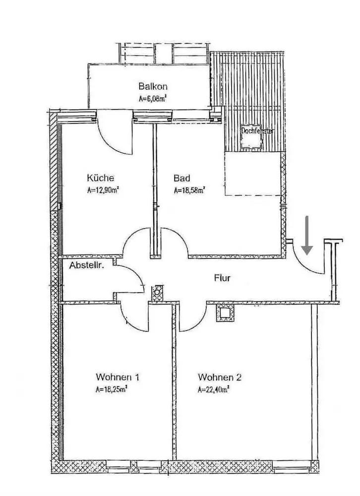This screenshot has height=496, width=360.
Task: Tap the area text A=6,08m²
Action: pos(152,98)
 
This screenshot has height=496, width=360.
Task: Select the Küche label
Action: pos(101,178)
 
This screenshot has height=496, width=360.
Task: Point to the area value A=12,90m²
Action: pos(103,189)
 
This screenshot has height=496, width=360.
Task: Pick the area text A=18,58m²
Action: pos(190,189)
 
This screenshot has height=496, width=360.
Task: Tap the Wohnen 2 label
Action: pos(219,377)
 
